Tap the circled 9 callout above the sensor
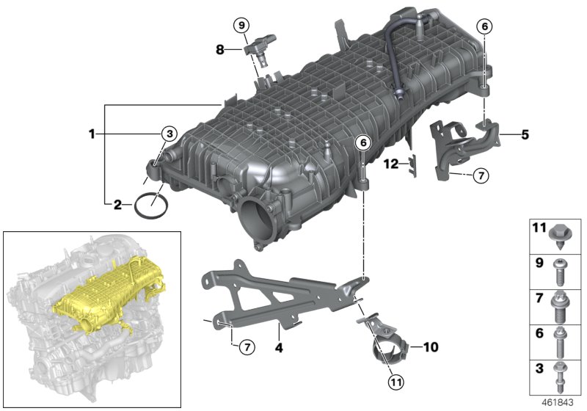coord(242,25)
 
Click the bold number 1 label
coord(92,134)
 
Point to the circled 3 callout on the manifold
coord(169,134)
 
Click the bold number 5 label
coord(525,135)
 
